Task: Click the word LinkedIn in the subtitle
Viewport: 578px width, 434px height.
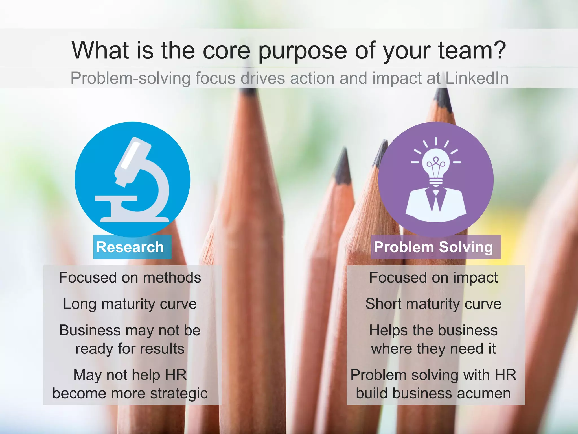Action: pyautogui.click(x=477, y=78)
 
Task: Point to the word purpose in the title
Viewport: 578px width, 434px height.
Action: pyautogui.click(x=303, y=51)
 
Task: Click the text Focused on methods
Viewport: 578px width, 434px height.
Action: pyautogui.click(x=130, y=277)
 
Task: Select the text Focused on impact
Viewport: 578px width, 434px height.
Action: pyautogui.click(x=433, y=277)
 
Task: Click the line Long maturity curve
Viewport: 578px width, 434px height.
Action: pyautogui.click(x=130, y=304)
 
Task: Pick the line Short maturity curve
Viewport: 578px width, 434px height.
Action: pyautogui.click(x=433, y=304)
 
